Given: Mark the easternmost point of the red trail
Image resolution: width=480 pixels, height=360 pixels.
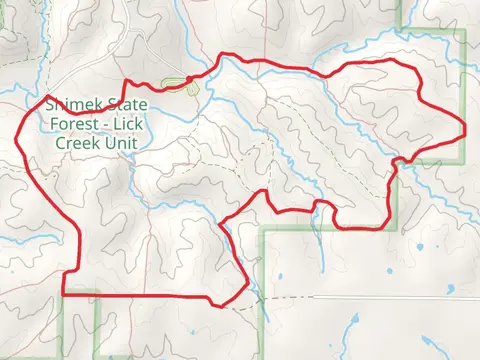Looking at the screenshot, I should coord(467,125).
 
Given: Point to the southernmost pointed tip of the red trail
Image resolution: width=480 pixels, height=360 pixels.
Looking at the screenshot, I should coord(213,302).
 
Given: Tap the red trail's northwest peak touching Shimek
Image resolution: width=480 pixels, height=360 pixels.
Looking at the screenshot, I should coord(47,97).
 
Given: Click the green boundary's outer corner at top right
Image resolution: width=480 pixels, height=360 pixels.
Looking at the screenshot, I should coord(465,31).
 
